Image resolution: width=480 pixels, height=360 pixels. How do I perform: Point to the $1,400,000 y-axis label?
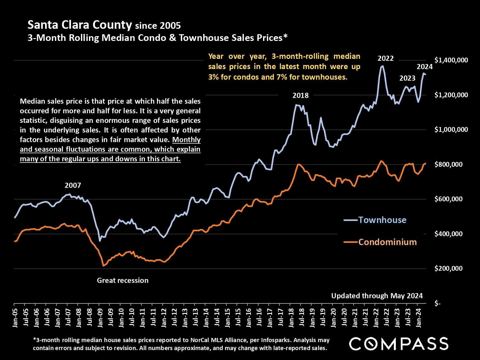click(x=451, y=60)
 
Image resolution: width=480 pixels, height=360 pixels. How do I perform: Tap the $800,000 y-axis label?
click(x=448, y=164)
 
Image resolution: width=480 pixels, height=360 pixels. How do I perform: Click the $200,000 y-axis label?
click(x=448, y=268)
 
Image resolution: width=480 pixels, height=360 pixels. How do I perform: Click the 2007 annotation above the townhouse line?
click(x=73, y=185)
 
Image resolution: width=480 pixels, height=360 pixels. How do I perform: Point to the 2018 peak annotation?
click(x=300, y=95)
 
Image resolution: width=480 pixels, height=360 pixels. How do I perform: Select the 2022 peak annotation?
click(x=386, y=59)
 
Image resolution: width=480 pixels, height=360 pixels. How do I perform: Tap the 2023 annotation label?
click(x=407, y=78)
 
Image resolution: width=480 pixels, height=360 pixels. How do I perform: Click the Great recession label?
click(x=123, y=280)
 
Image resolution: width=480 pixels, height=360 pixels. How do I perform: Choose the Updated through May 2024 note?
click(x=377, y=296)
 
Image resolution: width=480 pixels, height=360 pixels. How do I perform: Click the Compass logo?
click(x=398, y=344)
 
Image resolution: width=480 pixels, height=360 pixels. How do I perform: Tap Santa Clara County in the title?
click(x=80, y=25)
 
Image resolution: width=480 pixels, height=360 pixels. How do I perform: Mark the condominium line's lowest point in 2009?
click(x=103, y=266)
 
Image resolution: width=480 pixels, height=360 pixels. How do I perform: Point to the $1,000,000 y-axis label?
click(x=451, y=130)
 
